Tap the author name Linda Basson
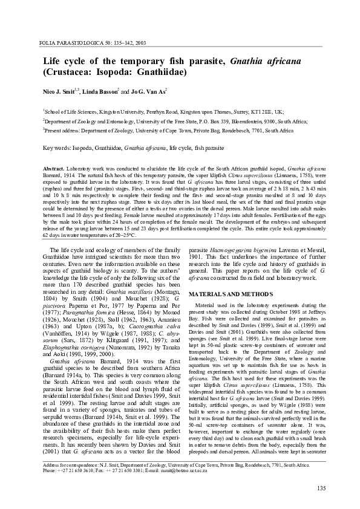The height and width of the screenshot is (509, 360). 99,91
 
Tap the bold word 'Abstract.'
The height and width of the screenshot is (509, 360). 55,166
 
